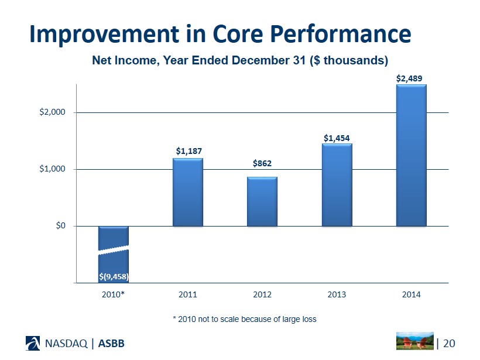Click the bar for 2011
point(187,192)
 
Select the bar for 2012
point(262,201)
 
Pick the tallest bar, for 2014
point(411,155)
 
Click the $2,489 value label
point(411,78)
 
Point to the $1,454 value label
point(337,138)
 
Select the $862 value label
point(262,163)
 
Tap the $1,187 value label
point(188,152)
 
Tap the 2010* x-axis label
point(114,294)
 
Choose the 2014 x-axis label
point(411,294)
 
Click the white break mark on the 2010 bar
point(114,250)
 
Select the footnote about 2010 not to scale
point(244,319)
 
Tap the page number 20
point(448,342)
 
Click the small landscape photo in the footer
point(415,341)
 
